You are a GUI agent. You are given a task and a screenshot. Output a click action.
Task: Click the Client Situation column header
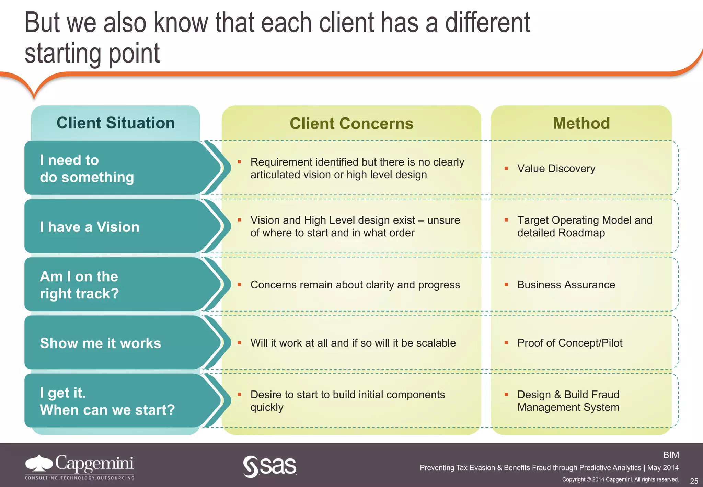click(116, 123)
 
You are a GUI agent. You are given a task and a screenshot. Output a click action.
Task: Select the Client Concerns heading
click(351, 124)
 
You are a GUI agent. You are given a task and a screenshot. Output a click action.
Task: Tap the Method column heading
click(581, 123)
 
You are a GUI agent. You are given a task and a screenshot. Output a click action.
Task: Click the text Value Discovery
click(556, 169)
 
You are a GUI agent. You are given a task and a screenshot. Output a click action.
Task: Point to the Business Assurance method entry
click(566, 285)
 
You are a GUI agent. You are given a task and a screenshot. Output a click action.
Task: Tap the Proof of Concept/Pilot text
click(569, 343)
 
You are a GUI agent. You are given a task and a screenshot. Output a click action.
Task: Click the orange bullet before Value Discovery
click(506, 168)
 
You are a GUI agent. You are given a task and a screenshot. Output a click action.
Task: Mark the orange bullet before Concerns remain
click(240, 285)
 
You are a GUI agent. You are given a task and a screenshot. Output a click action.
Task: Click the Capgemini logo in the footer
click(80, 466)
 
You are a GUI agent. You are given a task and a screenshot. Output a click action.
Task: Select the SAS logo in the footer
click(270, 466)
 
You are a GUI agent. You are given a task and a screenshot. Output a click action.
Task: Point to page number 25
click(694, 481)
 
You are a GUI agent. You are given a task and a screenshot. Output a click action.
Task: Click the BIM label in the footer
click(671, 455)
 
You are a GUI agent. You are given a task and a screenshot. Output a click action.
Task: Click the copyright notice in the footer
click(620, 479)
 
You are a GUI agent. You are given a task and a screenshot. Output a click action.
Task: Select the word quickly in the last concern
click(267, 407)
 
